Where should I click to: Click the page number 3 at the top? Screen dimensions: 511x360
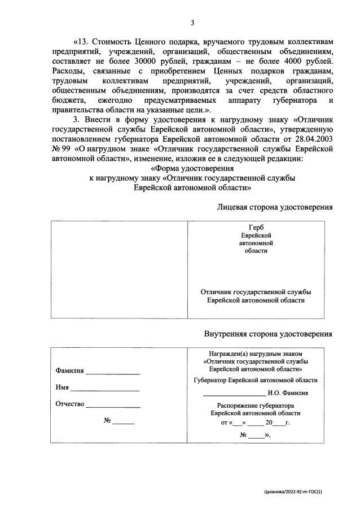coord(192,23)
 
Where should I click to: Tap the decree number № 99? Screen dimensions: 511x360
coord(61,149)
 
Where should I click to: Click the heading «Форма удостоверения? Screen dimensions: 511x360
coord(192,169)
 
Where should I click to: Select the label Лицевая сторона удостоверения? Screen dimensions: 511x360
coord(275,207)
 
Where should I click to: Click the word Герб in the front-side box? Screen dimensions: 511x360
coord(256,226)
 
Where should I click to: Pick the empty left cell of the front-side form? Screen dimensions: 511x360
coord(119,269)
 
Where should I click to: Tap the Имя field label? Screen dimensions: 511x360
coord(62,387)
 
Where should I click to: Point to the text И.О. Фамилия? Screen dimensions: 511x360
coord(288,393)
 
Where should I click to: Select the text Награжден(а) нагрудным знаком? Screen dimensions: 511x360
coord(256,352)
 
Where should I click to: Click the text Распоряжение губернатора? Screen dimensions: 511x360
coord(256,405)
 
